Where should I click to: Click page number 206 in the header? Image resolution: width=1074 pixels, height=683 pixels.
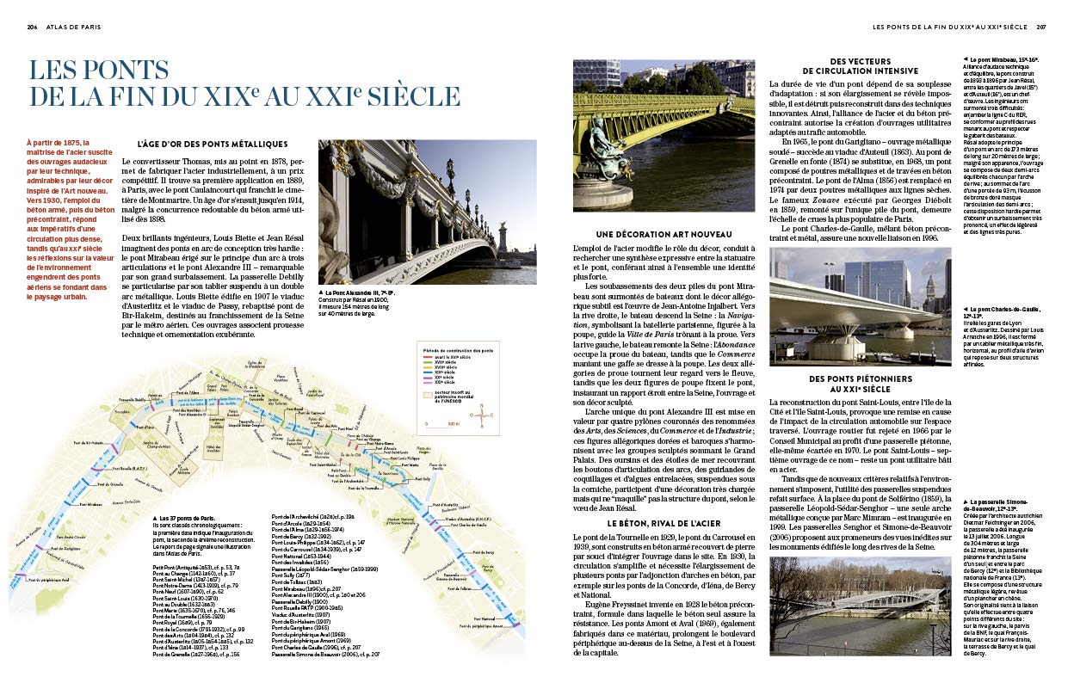click(32, 27)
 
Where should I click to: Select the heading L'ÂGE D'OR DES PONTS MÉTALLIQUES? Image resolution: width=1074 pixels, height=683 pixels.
click(212, 144)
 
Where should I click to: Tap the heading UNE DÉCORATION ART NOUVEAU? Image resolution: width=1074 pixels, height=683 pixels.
click(662, 234)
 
